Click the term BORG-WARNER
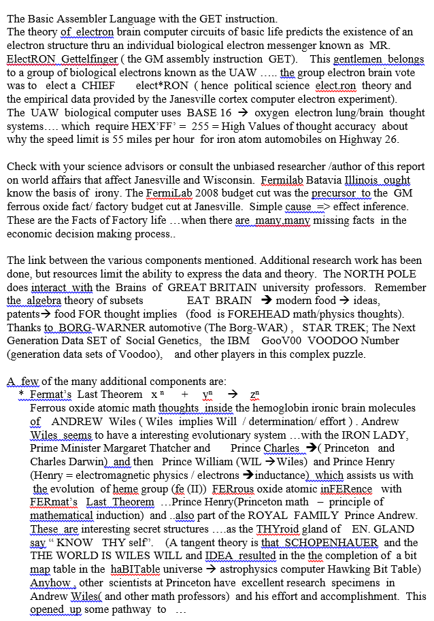pyautogui.click(x=92, y=327)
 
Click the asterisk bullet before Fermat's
pyautogui.click(x=21, y=395)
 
